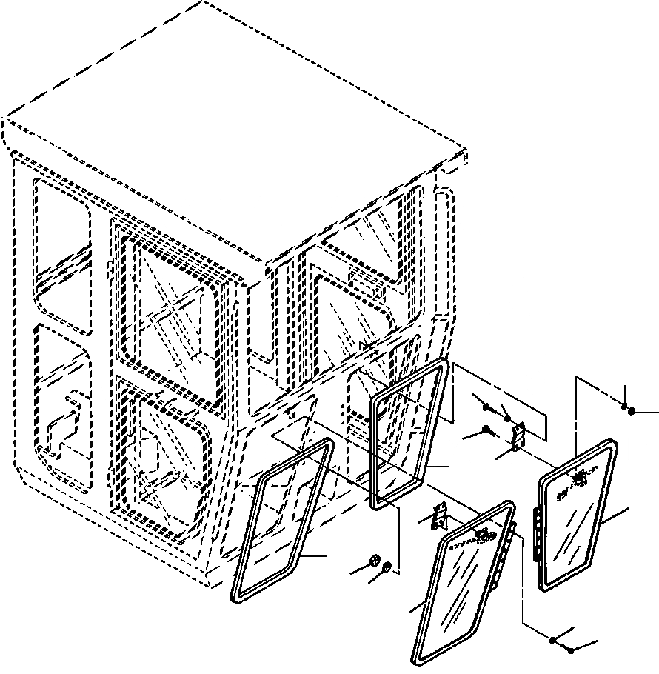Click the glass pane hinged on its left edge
pos(574,518)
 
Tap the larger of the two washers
pos(375,561)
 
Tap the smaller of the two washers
pos(388,568)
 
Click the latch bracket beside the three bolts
pos(518,436)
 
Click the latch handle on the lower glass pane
pos(485,535)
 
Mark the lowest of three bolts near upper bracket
pos(486,429)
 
